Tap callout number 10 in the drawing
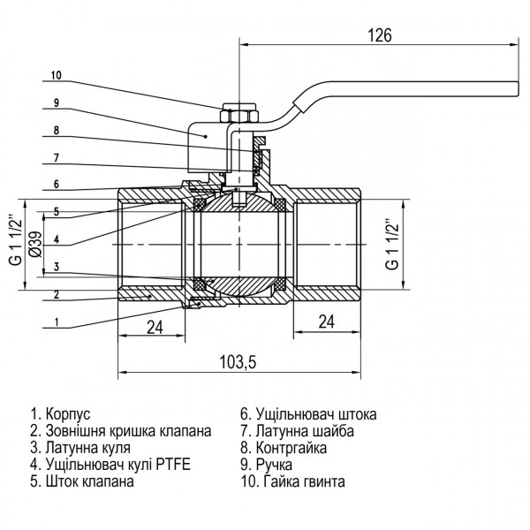point(56,74)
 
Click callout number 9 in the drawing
point(56,102)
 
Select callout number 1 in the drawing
point(56,322)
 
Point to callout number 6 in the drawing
point(56,184)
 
